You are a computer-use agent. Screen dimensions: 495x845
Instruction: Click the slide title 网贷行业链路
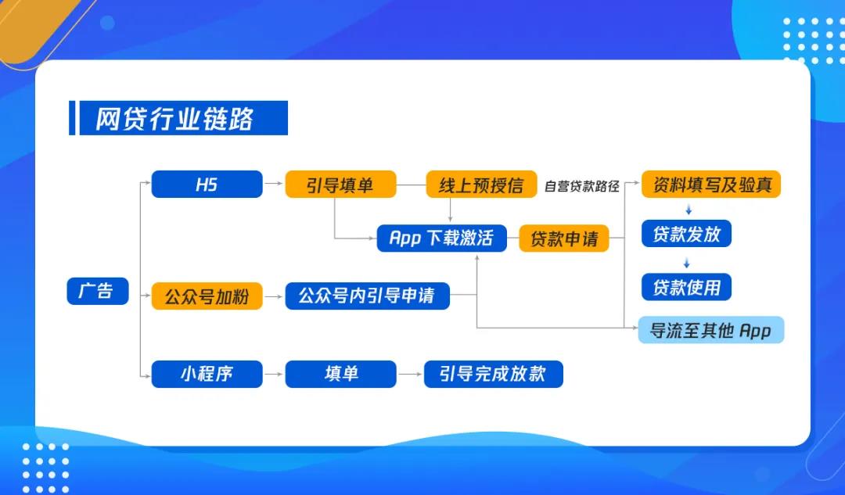coord(174,119)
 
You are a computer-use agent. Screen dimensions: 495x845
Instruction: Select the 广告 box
coord(97,291)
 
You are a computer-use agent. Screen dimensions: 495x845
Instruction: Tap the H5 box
coord(207,185)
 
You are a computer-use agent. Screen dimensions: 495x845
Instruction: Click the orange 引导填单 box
coord(340,185)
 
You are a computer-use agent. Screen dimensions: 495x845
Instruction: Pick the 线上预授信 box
coord(481,185)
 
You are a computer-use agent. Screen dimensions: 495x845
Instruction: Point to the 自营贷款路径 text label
coord(581,186)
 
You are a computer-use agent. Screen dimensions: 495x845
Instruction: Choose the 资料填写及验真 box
coord(711,185)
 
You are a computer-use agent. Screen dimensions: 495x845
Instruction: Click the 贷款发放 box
coord(686,234)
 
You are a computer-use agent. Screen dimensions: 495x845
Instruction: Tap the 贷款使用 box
coord(686,286)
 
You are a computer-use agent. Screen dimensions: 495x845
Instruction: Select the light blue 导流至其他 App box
coord(710,330)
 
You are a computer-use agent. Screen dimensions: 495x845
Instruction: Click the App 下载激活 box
coord(441,238)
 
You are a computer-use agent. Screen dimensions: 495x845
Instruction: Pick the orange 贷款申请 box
coord(563,238)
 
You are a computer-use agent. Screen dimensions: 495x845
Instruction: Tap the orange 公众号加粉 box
coord(207,296)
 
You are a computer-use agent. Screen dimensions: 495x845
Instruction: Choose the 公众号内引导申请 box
coord(367,296)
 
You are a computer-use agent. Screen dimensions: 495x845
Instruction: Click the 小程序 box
coord(207,374)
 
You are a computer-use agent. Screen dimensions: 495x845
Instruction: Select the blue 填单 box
coord(340,374)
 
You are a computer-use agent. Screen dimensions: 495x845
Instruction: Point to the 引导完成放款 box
coord(493,374)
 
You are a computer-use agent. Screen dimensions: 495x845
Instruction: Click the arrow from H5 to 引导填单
coord(273,185)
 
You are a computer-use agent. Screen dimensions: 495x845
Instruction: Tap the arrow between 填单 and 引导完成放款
coord(409,375)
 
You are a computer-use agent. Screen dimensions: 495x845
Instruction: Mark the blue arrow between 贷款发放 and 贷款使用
coord(687,260)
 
